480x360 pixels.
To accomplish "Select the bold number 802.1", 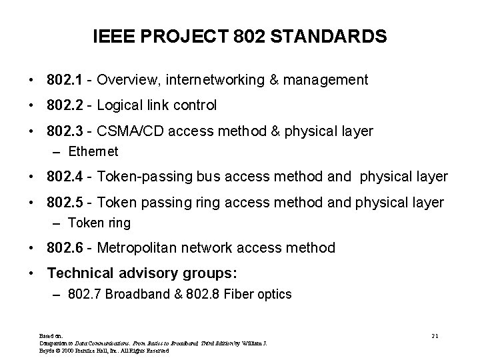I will (65, 80).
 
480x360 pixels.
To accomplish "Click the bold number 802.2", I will (65, 105).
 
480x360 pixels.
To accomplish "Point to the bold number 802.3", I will (65, 131).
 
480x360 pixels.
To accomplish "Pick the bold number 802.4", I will (65, 177).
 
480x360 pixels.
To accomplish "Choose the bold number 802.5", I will (65, 203).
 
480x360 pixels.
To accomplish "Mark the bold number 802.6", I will (65, 248).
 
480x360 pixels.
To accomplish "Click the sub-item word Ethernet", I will (93, 151).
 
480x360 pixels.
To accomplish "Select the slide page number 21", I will (435, 334).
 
